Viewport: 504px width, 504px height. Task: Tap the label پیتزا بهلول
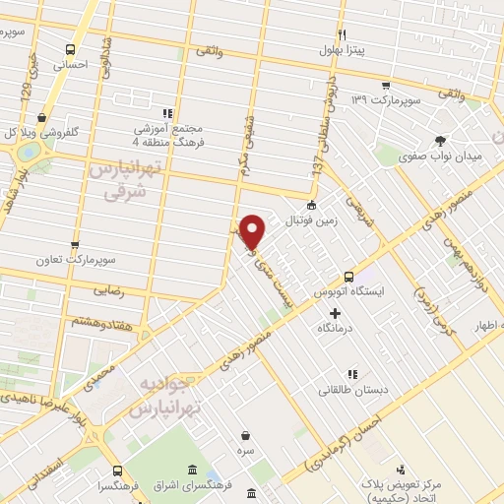342,51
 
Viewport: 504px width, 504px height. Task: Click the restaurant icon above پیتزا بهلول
342,33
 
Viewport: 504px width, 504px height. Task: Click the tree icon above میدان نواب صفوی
440,141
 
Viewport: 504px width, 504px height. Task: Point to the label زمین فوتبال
310,222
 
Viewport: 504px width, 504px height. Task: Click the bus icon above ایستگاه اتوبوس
348,278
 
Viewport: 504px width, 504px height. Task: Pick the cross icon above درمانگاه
336,313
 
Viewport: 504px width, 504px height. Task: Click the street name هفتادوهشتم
98,321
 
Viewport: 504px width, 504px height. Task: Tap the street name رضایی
107,291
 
